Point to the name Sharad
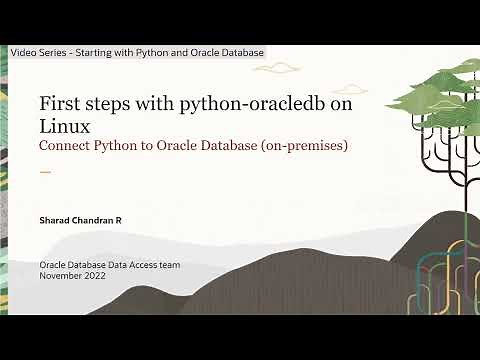tap(55, 218)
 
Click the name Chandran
tap(98, 218)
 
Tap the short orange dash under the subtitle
tap(44, 172)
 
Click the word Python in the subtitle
tap(121, 146)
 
